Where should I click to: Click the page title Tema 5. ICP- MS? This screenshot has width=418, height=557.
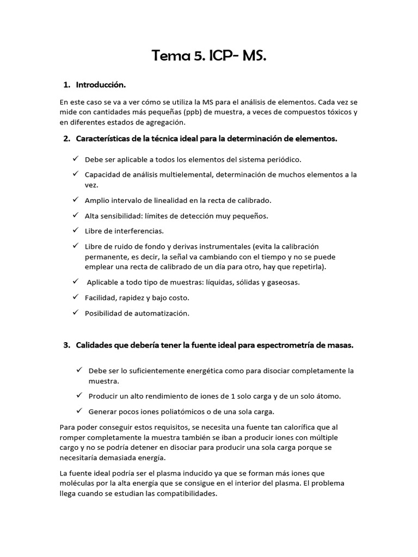point(209,55)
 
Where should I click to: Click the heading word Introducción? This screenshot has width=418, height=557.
point(101,85)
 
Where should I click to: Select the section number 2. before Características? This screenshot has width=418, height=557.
point(67,139)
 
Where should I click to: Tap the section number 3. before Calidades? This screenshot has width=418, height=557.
point(67,345)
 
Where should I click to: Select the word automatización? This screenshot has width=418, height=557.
point(160,313)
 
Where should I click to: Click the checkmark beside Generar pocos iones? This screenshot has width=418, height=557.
point(79,410)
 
